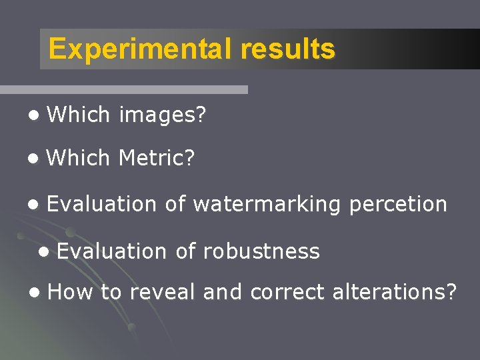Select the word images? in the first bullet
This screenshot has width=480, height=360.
point(163,115)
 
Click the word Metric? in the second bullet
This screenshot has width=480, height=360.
point(157,158)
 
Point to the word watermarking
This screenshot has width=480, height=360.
point(267,204)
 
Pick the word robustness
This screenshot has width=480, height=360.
point(261,251)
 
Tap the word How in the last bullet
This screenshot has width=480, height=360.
point(71,292)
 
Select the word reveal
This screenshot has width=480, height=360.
point(163,292)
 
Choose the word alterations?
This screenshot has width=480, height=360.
point(387,292)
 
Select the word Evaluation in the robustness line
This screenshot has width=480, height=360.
point(111,251)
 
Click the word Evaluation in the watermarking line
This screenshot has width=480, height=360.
point(101,204)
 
